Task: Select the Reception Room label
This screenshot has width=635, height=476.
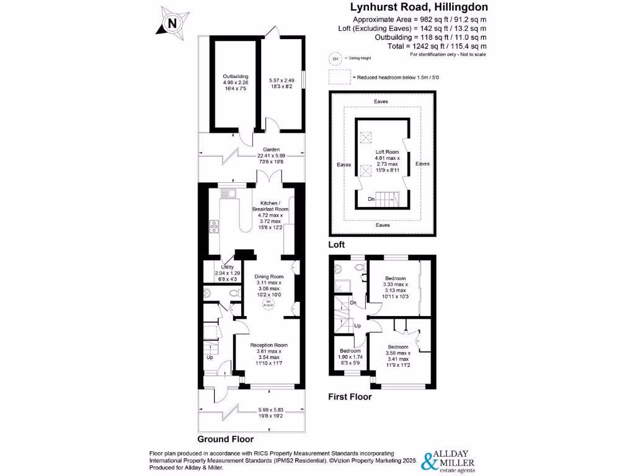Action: [x=269, y=345]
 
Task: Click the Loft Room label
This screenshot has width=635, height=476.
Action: [x=388, y=151]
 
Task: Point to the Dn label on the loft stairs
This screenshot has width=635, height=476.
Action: [x=371, y=199]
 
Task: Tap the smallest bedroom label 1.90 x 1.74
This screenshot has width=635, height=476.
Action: [x=349, y=351]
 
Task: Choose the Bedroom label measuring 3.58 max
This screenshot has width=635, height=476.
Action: [x=398, y=347]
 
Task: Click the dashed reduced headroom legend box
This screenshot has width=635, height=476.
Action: [x=339, y=77]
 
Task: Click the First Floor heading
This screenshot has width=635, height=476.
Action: [x=350, y=397]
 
